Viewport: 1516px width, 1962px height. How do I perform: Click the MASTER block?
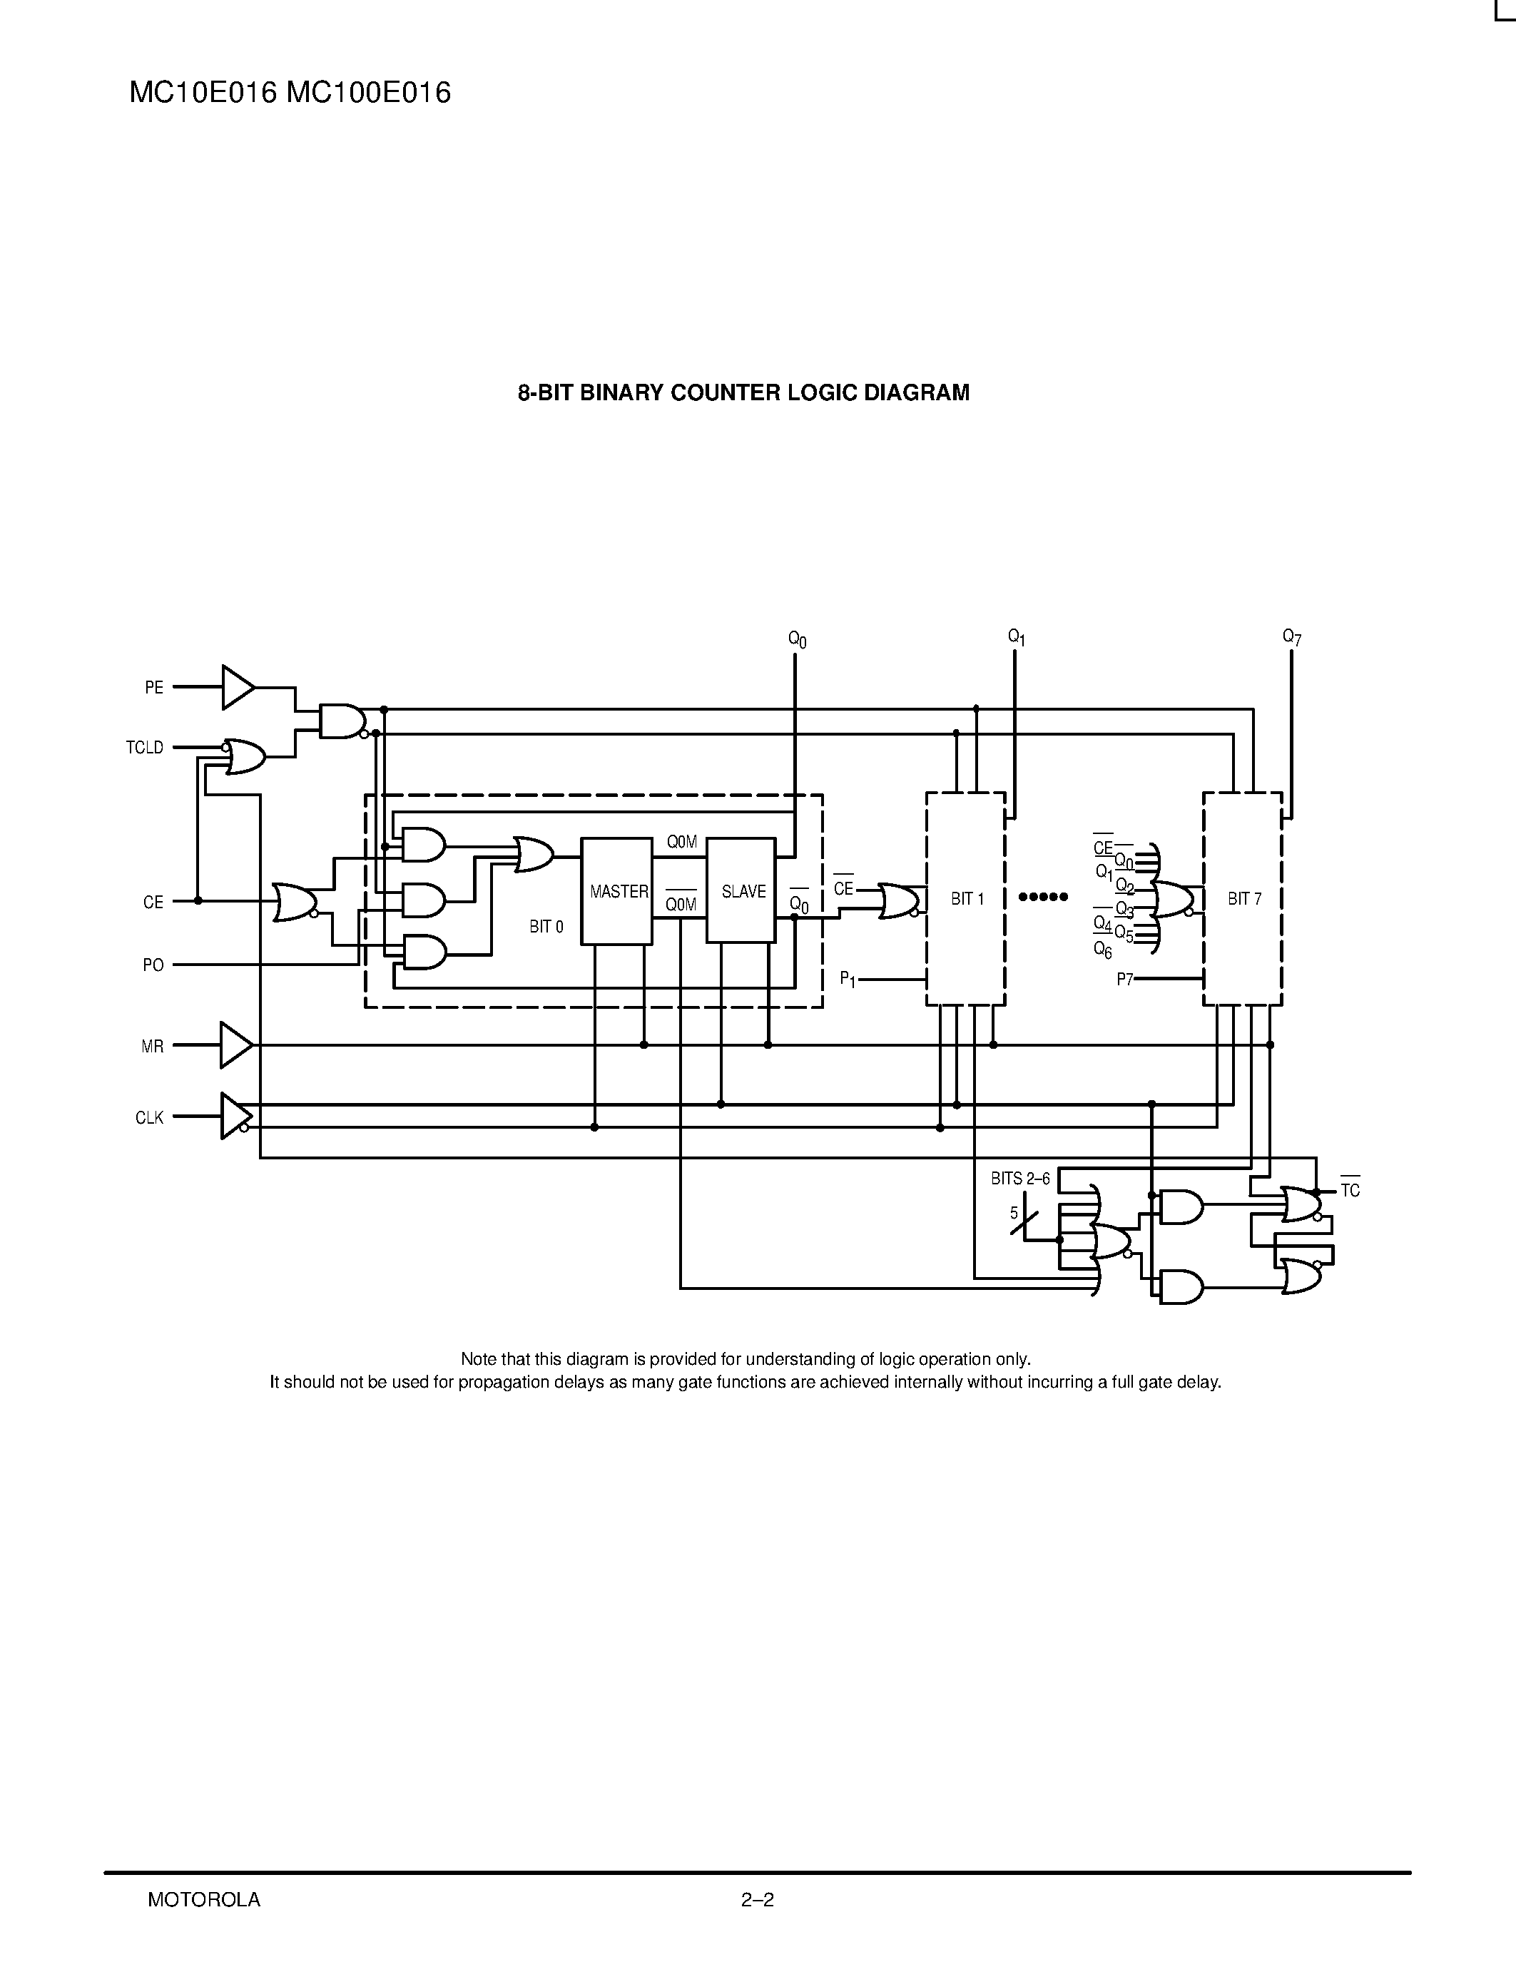(x=617, y=891)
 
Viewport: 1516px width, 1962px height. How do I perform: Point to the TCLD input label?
(x=146, y=748)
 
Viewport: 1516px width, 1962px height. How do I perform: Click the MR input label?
(x=153, y=1047)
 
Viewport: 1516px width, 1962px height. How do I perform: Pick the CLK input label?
(x=150, y=1117)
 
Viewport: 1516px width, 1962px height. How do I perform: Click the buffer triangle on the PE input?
(x=236, y=687)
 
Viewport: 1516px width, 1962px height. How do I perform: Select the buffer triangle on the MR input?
(x=235, y=1044)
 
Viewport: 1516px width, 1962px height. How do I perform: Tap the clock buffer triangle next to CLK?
(x=235, y=1116)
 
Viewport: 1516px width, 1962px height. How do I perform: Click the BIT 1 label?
(x=967, y=898)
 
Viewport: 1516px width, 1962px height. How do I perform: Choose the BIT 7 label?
(x=1244, y=898)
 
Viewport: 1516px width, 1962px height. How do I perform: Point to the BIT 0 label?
(x=546, y=926)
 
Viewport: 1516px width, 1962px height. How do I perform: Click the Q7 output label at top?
(x=1291, y=638)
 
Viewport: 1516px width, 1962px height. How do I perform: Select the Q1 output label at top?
(x=1016, y=638)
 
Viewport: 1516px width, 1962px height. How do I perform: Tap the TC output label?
(x=1350, y=1190)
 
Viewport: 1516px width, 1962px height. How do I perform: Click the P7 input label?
(x=1124, y=979)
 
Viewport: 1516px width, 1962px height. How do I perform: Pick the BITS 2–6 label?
(x=1020, y=1179)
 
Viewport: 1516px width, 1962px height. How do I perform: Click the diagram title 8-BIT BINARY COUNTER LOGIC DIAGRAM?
(x=743, y=392)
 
